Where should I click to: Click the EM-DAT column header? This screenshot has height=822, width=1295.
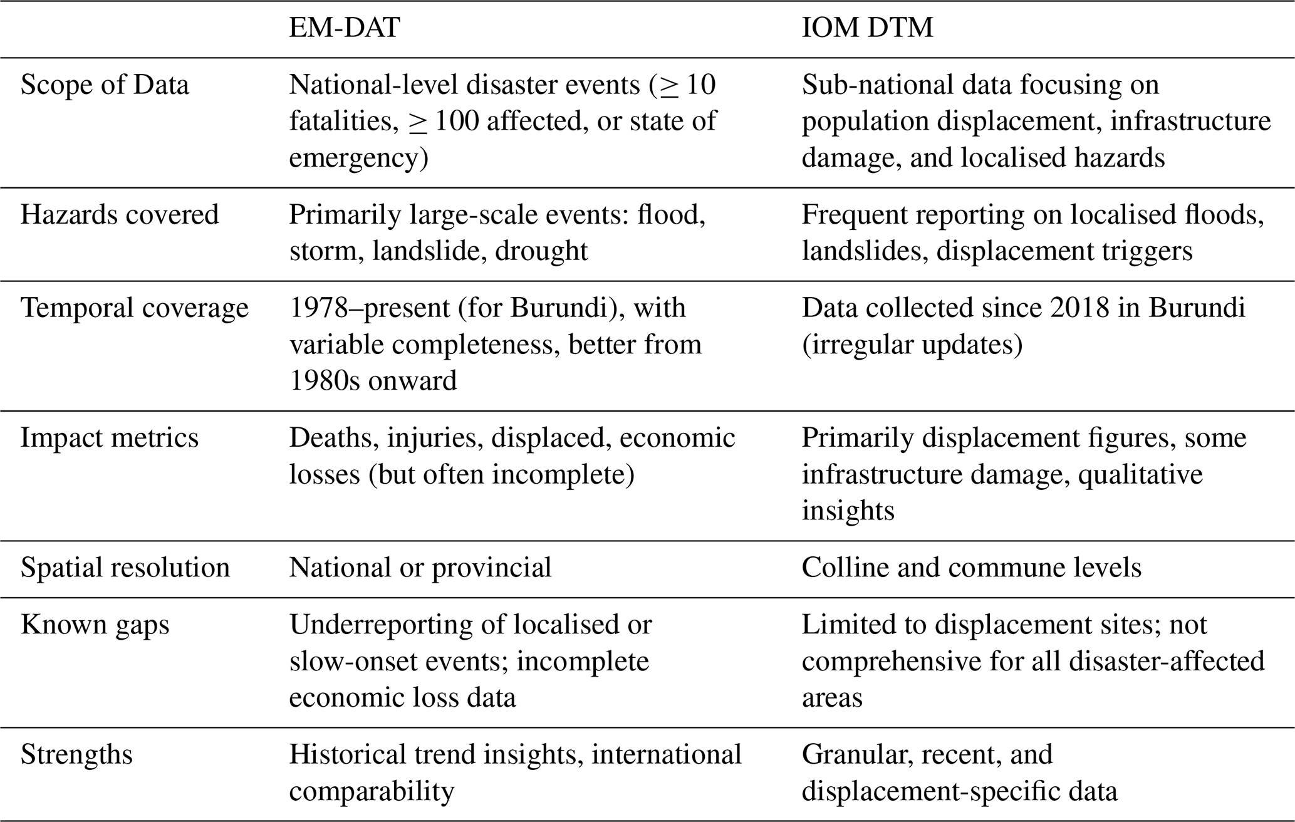[x=344, y=28]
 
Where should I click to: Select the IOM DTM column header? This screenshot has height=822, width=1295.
[x=867, y=28]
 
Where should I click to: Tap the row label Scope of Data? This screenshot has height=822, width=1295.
[x=105, y=85]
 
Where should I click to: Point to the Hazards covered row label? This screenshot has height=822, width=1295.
[x=120, y=215]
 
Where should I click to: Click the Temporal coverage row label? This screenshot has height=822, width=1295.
[x=134, y=308]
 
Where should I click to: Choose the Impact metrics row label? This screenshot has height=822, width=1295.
[x=110, y=438]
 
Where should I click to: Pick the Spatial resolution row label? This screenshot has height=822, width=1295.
[x=125, y=568]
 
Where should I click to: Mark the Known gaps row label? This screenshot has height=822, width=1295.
[x=95, y=625]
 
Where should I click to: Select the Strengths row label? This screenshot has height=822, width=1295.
[x=77, y=754]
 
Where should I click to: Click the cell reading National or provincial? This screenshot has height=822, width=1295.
[x=420, y=568]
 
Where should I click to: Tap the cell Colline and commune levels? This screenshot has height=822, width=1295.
[x=971, y=568]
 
